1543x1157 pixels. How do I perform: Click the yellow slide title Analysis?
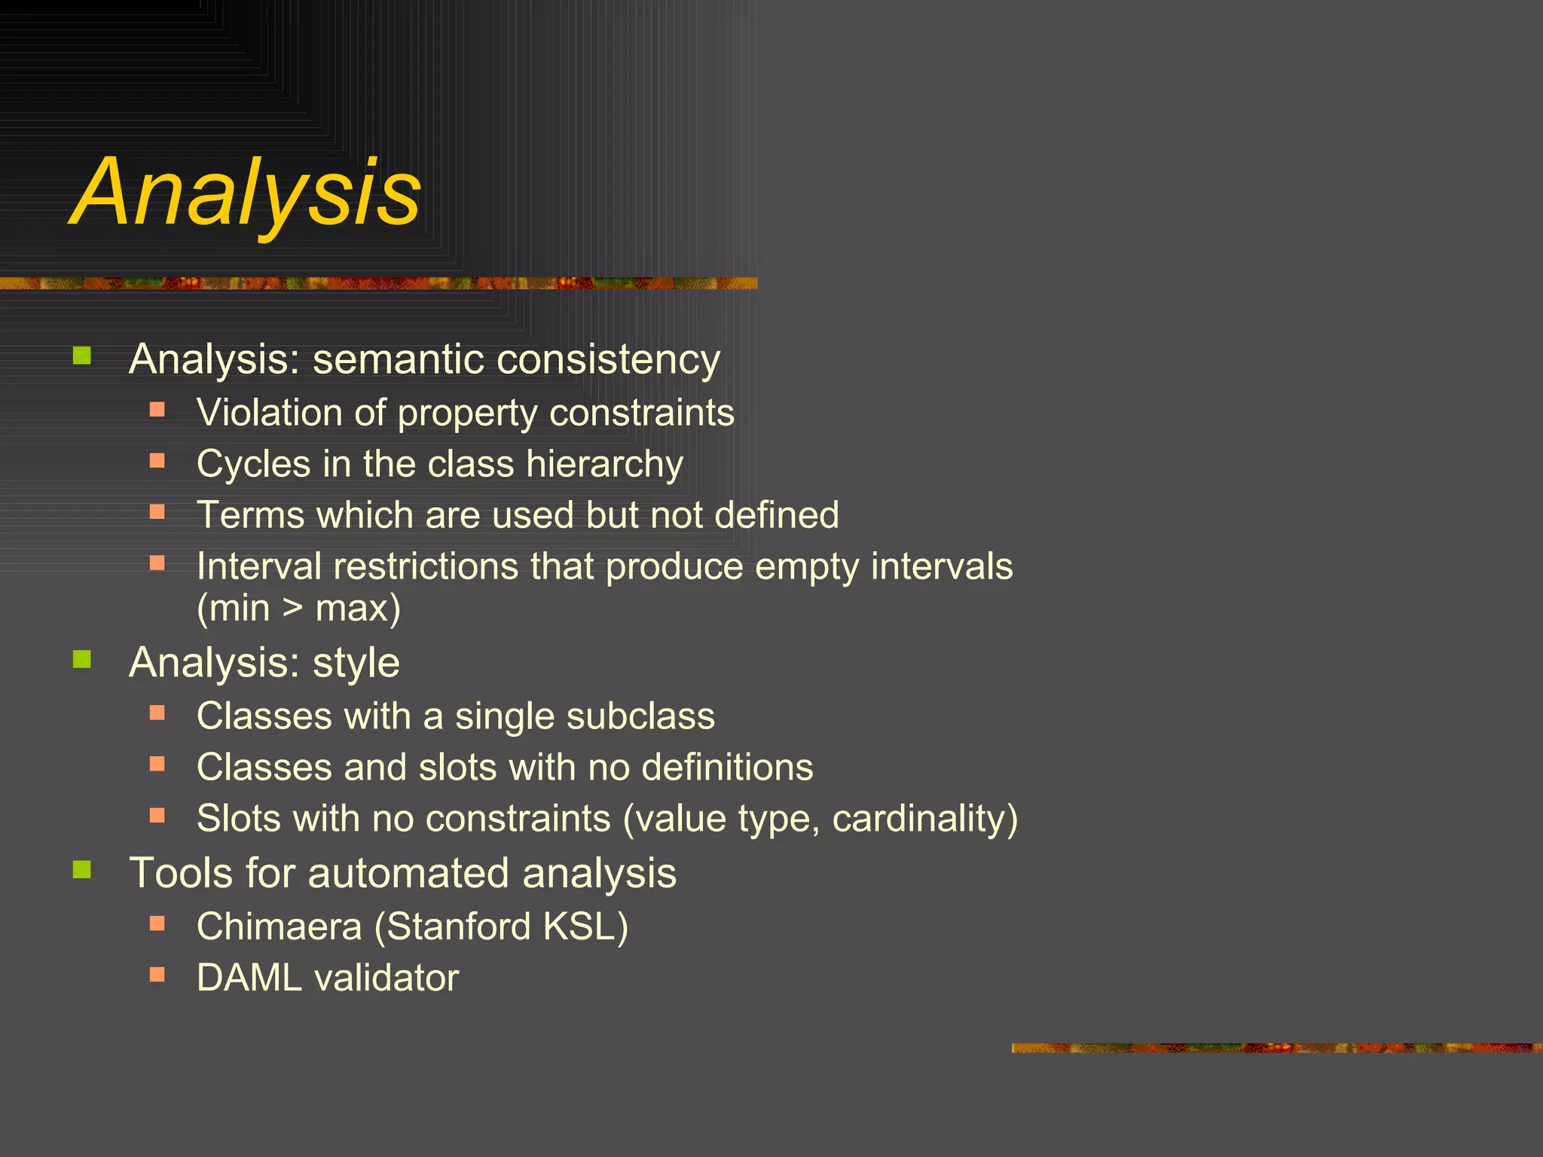(x=246, y=192)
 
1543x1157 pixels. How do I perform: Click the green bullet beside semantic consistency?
(x=82, y=355)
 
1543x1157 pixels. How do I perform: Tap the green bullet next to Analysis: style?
(x=82, y=659)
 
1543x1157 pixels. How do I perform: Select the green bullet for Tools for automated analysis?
(x=82, y=870)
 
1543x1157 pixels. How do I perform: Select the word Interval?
(x=258, y=566)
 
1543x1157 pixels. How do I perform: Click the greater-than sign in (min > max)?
(x=292, y=608)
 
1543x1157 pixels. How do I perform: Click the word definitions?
(x=727, y=767)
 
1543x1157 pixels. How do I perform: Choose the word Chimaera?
(x=279, y=927)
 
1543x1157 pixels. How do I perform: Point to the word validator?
(x=387, y=978)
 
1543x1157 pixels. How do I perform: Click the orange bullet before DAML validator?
(x=157, y=974)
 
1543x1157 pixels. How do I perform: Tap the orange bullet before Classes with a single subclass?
(x=157, y=712)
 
